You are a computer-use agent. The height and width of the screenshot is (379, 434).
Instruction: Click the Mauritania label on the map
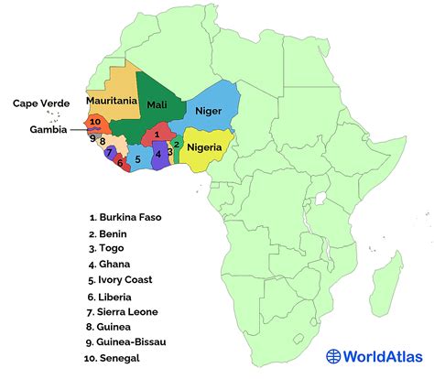click(112, 99)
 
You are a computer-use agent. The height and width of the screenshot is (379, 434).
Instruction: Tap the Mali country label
click(157, 105)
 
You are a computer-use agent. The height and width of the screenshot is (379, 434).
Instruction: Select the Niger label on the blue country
click(208, 111)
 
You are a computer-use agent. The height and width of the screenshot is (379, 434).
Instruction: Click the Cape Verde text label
click(40, 103)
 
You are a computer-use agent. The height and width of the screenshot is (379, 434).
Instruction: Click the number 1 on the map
click(157, 135)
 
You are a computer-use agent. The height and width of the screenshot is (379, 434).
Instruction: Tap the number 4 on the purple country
click(157, 154)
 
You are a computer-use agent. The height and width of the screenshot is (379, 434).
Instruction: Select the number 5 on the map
click(137, 159)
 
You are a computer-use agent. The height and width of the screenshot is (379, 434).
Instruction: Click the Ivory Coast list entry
click(125, 279)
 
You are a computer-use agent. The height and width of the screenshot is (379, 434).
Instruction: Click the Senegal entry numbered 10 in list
click(117, 357)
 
